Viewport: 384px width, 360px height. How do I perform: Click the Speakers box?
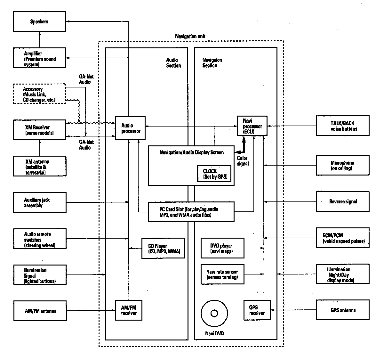tap(39, 21)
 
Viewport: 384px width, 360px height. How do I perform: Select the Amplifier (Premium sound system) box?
tap(39, 58)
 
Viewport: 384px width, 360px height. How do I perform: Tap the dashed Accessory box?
tap(39, 94)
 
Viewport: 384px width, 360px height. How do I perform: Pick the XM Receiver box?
tap(39, 130)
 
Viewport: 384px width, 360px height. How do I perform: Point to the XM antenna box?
tap(39, 166)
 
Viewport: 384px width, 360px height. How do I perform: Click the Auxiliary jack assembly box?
tap(40, 202)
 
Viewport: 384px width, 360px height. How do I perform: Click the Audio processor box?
tap(130, 128)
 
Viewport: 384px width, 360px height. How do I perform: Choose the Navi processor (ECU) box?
tap(252, 126)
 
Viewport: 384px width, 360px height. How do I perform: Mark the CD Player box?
tap(164, 248)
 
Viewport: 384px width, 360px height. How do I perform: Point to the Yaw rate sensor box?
tap(222, 274)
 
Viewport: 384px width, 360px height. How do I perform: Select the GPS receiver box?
tap(257, 310)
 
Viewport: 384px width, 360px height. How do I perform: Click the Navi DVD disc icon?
tap(214, 313)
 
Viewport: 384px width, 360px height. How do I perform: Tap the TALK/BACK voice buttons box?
tap(342, 126)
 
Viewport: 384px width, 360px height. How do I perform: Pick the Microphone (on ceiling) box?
tap(342, 166)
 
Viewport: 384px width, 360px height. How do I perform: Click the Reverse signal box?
tap(342, 202)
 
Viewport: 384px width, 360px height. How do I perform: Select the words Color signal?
tap(243, 161)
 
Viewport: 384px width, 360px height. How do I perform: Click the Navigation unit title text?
tap(190, 36)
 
